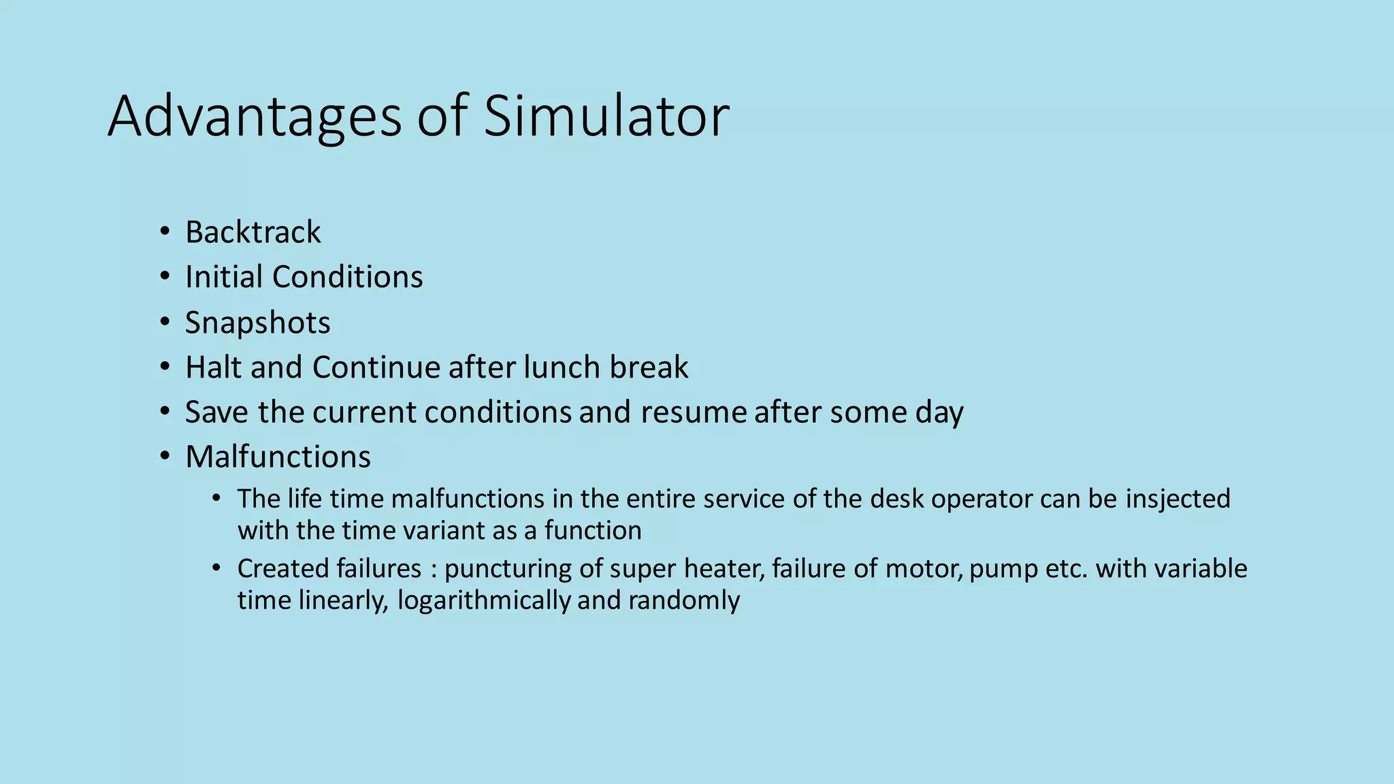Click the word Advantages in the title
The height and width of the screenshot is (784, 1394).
[x=255, y=117]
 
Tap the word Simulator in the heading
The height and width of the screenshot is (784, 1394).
[x=606, y=116]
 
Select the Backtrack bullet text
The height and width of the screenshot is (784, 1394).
[x=253, y=232]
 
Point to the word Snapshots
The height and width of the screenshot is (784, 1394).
[x=257, y=323]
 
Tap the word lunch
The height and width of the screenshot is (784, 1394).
[x=562, y=367]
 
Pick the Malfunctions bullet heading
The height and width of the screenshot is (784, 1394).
[x=278, y=457]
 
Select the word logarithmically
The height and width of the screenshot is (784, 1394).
[x=483, y=600]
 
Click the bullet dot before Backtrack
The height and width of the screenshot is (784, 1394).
[x=164, y=232]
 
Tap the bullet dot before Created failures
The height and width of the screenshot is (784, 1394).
[x=216, y=568]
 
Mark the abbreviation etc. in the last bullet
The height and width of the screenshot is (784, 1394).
[x=1066, y=569]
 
